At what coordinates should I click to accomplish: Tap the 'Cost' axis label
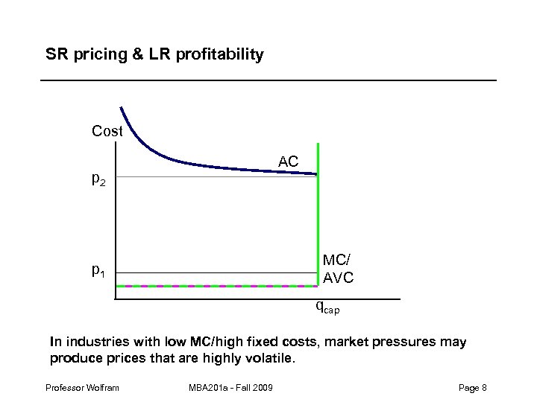pyautogui.click(x=107, y=132)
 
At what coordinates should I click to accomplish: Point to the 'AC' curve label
pyautogui.click(x=289, y=162)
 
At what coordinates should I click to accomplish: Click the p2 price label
pyautogui.click(x=98, y=179)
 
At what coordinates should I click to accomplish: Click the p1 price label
pyautogui.click(x=98, y=271)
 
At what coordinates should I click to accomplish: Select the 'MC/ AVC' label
pyautogui.click(x=338, y=269)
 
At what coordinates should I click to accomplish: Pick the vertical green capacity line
pyautogui.click(x=318, y=223)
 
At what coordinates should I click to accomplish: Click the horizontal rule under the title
pyautogui.click(x=268, y=80)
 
